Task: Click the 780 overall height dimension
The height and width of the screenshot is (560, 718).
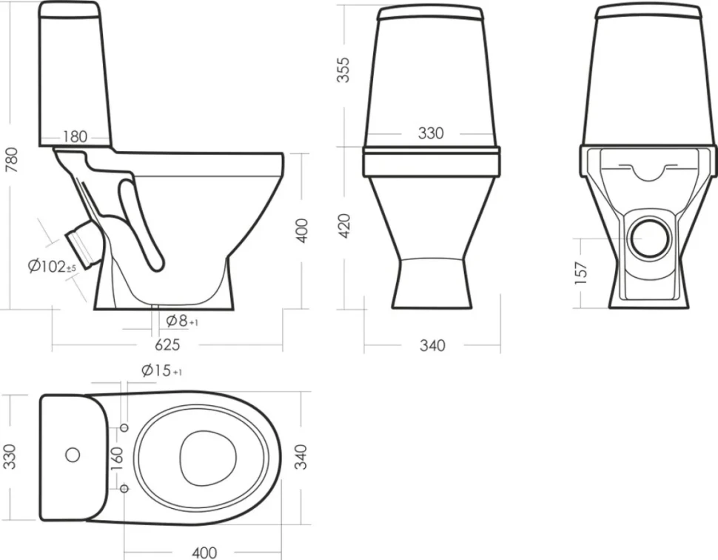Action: pyautogui.click(x=11, y=160)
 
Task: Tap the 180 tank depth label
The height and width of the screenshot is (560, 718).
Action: pyautogui.click(x=75, y=136)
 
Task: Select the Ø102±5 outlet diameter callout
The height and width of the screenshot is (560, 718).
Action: pyautogui.click(x=52, y=266)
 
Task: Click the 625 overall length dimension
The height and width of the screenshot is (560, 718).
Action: pyautogui.click(x=167, y=344)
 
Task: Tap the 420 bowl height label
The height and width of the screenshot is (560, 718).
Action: pyautogui.click(x=343, y=225)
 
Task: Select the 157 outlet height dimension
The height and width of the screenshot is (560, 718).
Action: pyautogui.click(x=580, y=273)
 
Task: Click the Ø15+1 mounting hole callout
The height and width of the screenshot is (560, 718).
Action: pyautogui.click(x=161, y=370)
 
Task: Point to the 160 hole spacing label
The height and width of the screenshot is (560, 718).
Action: pyautogui.click(x=117, y=459)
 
